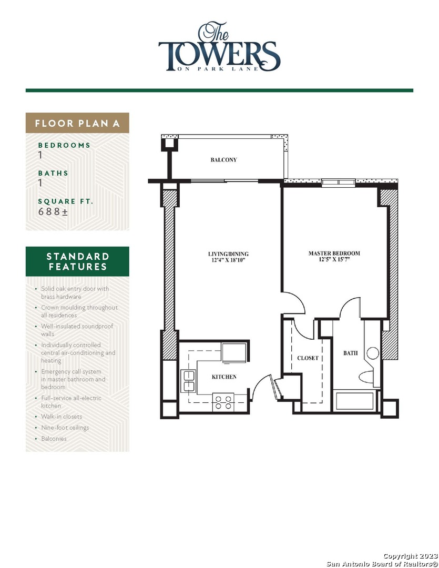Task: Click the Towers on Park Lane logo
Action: point(219,48)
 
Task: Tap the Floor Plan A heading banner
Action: point(77,124)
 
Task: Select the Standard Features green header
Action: point(77,261)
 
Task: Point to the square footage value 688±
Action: point(53,211)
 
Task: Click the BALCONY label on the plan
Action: point(223,160)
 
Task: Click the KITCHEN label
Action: point(224,377)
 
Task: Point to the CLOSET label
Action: point(308,358)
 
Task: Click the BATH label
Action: point(350,353)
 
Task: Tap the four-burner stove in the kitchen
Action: point(222,402)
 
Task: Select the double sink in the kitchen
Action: point(188,381)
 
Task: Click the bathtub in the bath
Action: point(354,401)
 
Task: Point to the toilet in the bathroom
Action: point(366,377)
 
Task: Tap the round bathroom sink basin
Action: point(373,353)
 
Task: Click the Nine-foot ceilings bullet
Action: point(65,428)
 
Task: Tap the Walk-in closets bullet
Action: point(62,417)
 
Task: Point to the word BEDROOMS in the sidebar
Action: point(64,145)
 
